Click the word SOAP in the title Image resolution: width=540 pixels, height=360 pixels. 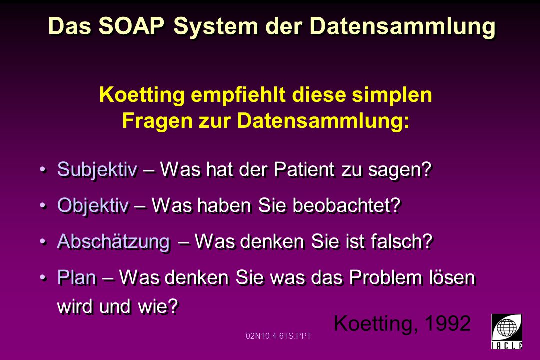131,26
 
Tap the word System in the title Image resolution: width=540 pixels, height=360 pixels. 216,27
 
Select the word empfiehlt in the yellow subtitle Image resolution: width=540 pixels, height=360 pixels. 238,95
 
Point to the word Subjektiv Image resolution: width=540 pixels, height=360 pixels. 97,170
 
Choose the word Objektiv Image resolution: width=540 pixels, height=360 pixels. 93,206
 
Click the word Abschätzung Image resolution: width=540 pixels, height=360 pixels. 114,241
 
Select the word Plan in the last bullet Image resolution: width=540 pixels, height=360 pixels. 77,277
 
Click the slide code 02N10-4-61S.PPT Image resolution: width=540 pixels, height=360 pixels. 278,336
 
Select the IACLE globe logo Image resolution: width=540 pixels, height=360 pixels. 507,331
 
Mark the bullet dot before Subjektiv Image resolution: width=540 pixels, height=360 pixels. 42,170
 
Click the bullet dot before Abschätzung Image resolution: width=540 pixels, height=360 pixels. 42,241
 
